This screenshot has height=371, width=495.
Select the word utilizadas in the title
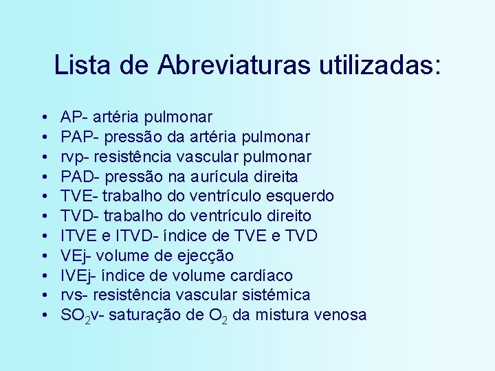pos(377,65)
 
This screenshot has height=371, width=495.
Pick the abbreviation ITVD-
pos(131,236)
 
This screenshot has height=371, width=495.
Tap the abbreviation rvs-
pos(74,295)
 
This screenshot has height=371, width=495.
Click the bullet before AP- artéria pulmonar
pos(43,117)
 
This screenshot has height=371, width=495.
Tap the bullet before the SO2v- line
pos(43,315)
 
